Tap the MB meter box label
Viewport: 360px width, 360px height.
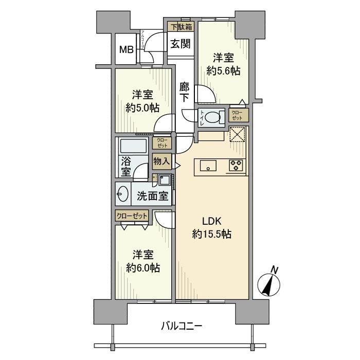[127, 50]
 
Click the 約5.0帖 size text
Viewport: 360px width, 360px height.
[142, 107]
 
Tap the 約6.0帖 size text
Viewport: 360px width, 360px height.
[142, 267]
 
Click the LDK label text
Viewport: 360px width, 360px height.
[211, 222]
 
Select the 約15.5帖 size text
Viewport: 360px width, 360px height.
[211, 235]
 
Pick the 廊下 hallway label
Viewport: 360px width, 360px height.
[184, 92]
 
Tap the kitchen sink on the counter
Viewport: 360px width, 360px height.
[208, 166]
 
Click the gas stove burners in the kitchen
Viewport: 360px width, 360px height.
[237, 166]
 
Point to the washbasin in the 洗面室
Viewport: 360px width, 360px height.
[123, 195]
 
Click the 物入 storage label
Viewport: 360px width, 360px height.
[161, 161]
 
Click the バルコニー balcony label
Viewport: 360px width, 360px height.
[182, 325]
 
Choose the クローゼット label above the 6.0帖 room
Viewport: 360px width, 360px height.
[132, 215]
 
